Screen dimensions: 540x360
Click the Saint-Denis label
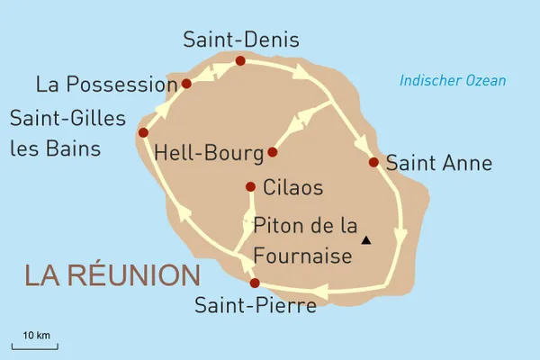(x=240, y=40)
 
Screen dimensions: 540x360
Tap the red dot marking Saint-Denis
(x=240, y=60)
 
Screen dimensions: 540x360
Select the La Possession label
(x=105, y=85)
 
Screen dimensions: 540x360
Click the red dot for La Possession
(x=186, y=84)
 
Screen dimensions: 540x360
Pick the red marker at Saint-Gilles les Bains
(x=143, y=132)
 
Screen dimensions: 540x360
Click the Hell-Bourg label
(x=206, y=152)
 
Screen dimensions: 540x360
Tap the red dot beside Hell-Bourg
(x=273, y=152)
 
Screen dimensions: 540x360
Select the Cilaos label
(x=293, y=188)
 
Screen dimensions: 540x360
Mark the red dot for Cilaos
(x=251, y=187)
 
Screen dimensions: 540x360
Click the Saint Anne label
(x=438, y=164)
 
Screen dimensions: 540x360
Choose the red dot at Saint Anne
(x=373, y=163)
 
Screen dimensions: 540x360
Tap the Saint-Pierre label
(x=256, y=305)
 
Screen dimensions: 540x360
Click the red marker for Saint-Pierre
(x=255, y=283)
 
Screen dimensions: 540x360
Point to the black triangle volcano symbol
(x=365, y=240)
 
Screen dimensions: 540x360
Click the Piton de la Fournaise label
(x=303, y=239)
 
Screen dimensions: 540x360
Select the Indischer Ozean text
(x=453, y=81)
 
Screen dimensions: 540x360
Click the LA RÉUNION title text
(x=112, y=275)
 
